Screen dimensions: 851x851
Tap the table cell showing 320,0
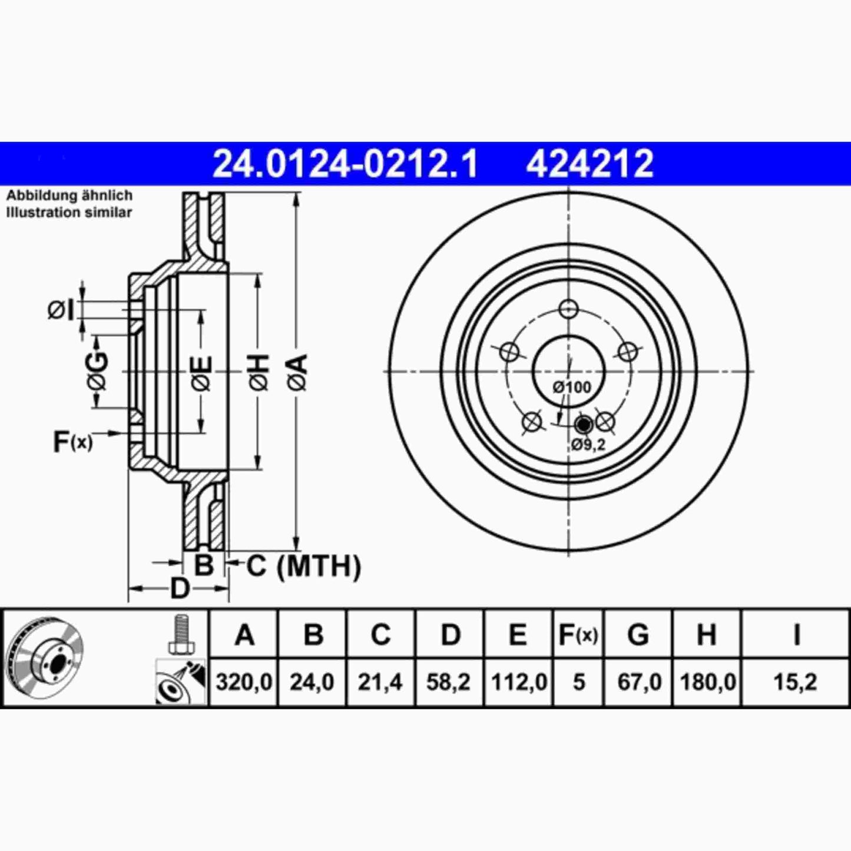[x=244, y=683]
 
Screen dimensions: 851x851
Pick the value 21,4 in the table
[x=380, y=683]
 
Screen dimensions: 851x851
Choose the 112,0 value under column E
[x=518, y=683]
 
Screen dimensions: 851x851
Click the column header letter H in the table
[x=706, y=635]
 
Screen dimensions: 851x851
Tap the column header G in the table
[x=638, y=635]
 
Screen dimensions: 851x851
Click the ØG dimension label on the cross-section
[x=98, y=372]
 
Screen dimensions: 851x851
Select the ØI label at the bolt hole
[x=61, y=310]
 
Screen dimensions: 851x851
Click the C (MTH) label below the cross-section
[x=303, y=567]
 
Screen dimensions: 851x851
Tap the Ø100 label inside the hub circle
[x=571, y=388]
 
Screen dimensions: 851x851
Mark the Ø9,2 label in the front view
[x=588, y=445]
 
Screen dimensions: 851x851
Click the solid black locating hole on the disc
[x=583, y=423]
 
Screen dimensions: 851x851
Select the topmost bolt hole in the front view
[x=568, y=308]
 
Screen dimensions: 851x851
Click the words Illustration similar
[x=69, y=213]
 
